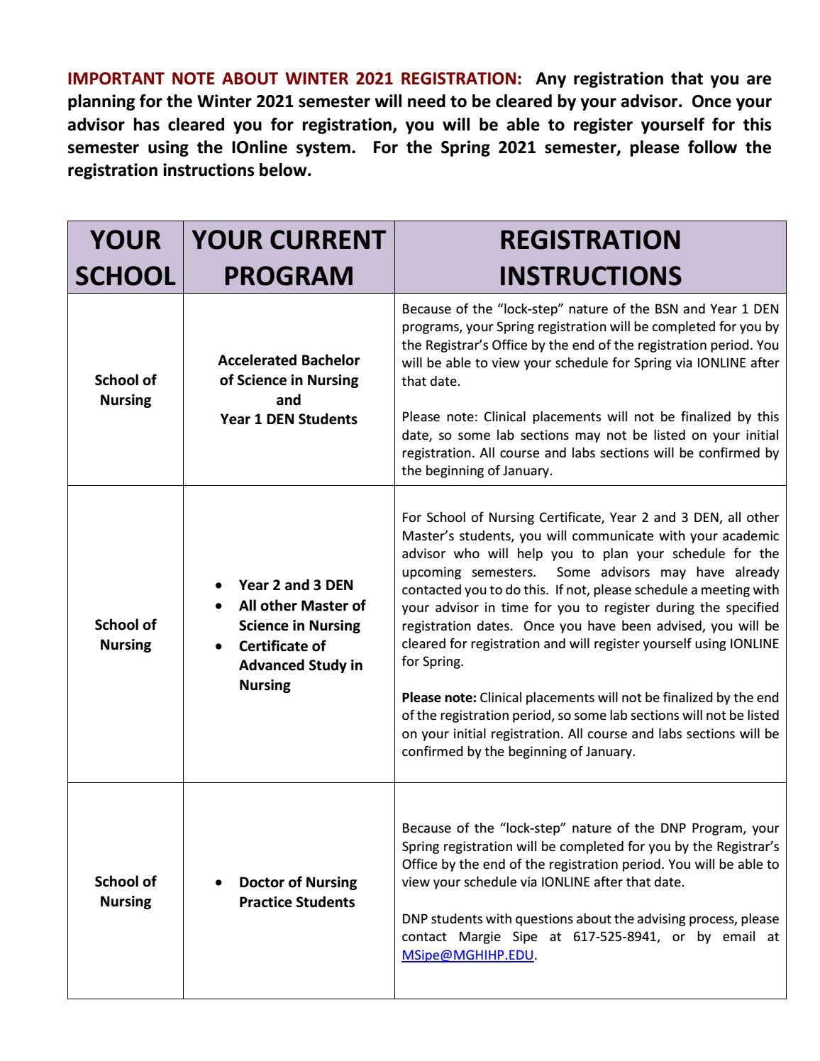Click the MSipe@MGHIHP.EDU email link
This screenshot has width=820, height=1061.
[467, 955]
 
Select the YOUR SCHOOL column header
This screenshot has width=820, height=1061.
[125, 257]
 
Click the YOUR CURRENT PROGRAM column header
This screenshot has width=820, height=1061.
[289, 257]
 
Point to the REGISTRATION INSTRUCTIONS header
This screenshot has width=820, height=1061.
[589, 257]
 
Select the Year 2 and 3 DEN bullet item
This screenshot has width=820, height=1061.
[296, 585]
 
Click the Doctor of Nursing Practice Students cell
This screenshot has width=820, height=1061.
[297, 892]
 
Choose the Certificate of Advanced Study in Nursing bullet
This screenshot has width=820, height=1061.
[300, 665]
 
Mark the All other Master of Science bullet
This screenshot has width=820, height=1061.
[301, 616]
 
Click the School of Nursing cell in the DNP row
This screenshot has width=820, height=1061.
[126, 891]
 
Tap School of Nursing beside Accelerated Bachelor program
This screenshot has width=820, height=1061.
[126, 390]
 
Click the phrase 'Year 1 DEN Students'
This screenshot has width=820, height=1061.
[289, 419]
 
